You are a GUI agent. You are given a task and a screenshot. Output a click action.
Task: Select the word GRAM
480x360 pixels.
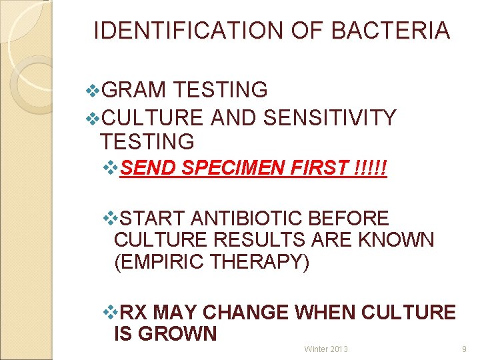coord(136,89)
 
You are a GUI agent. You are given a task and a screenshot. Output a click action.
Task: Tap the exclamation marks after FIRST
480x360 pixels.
coord(372,169)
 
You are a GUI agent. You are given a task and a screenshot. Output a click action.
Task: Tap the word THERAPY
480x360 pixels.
coord(260,262)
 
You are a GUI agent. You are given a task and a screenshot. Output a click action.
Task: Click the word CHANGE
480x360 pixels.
coord(245,312)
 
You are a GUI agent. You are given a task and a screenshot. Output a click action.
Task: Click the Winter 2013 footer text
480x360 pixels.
coord(326,349)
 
